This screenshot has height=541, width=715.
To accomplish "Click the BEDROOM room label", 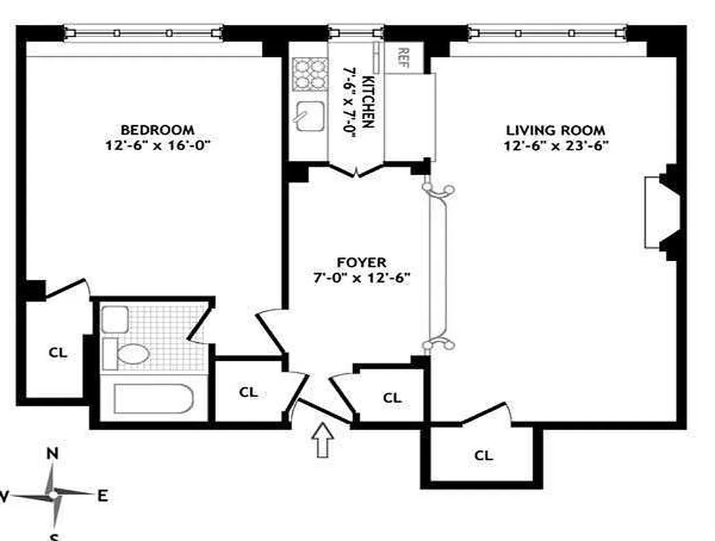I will [x=157, y=129].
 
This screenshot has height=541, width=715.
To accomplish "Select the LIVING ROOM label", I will [x=555, y=131].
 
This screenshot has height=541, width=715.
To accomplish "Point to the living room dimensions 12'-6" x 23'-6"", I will [x=555, y=145].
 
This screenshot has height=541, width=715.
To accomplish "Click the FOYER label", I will [x=361, y=262].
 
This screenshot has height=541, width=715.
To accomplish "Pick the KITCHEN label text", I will [x=369, y=101].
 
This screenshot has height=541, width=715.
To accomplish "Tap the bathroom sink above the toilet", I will [x=115, y=319].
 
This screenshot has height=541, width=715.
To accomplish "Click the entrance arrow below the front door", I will [x=323, y=440].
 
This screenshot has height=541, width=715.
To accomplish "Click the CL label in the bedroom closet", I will [x=57, y=352].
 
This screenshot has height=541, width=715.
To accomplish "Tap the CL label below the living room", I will [x=483, y=456].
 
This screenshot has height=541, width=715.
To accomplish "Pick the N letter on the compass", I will [x=51, y=454].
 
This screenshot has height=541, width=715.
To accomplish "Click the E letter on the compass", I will [x=102, y=496].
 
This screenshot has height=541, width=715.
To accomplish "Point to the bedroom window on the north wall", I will [x=143, y=32].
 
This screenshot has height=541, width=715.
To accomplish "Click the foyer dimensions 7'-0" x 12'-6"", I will [x=361, y=277].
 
